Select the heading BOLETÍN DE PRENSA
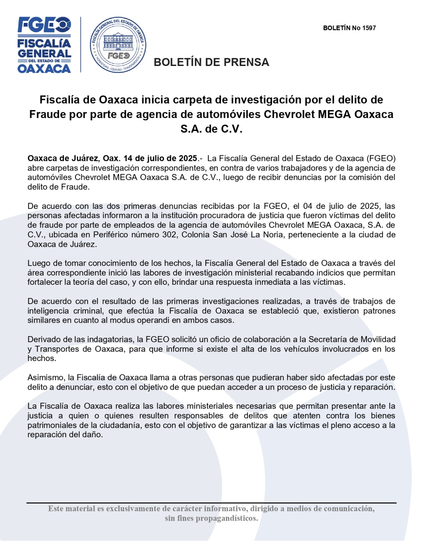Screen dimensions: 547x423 211,62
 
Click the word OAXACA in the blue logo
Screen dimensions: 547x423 44,69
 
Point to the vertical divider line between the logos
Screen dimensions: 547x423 81,44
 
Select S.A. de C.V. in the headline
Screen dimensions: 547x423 211,129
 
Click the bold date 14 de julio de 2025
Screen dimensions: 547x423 160,159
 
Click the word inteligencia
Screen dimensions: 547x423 48,311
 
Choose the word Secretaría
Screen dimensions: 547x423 329,339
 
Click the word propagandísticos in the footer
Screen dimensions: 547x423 226,518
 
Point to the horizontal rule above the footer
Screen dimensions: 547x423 211,503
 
